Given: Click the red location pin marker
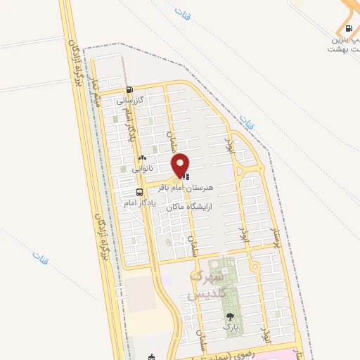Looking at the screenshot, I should (x=181, y=165).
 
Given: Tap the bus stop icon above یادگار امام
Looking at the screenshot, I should (x=139, y=192).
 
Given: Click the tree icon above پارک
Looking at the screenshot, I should (x=230, y=316).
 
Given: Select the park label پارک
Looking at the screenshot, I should (x=231, y=327).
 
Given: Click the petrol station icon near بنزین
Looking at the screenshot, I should (x=349, y=30).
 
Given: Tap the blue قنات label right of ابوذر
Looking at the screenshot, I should (x=245, y=121).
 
